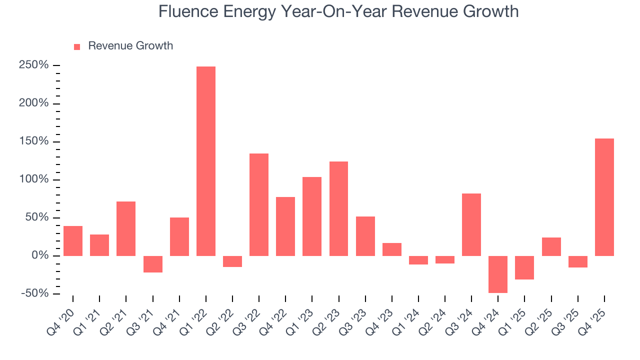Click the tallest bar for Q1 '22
[x=206, y=161]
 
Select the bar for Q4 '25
[x=604, y=197]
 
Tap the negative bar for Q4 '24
[x=498, y=274]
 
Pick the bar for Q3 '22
[x=259, y=204]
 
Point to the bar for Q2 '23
[x=338, y=208]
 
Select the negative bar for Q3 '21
[x=153, y=264]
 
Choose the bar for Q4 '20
[x=73, y=241]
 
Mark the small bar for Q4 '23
[x=392, y=249]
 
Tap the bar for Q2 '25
[x=551, y=246]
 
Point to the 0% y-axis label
[x=41, y=256]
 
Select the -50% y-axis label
[x=35, y=293]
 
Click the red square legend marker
[x=77, y=46]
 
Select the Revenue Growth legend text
[x=130, y=46]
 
